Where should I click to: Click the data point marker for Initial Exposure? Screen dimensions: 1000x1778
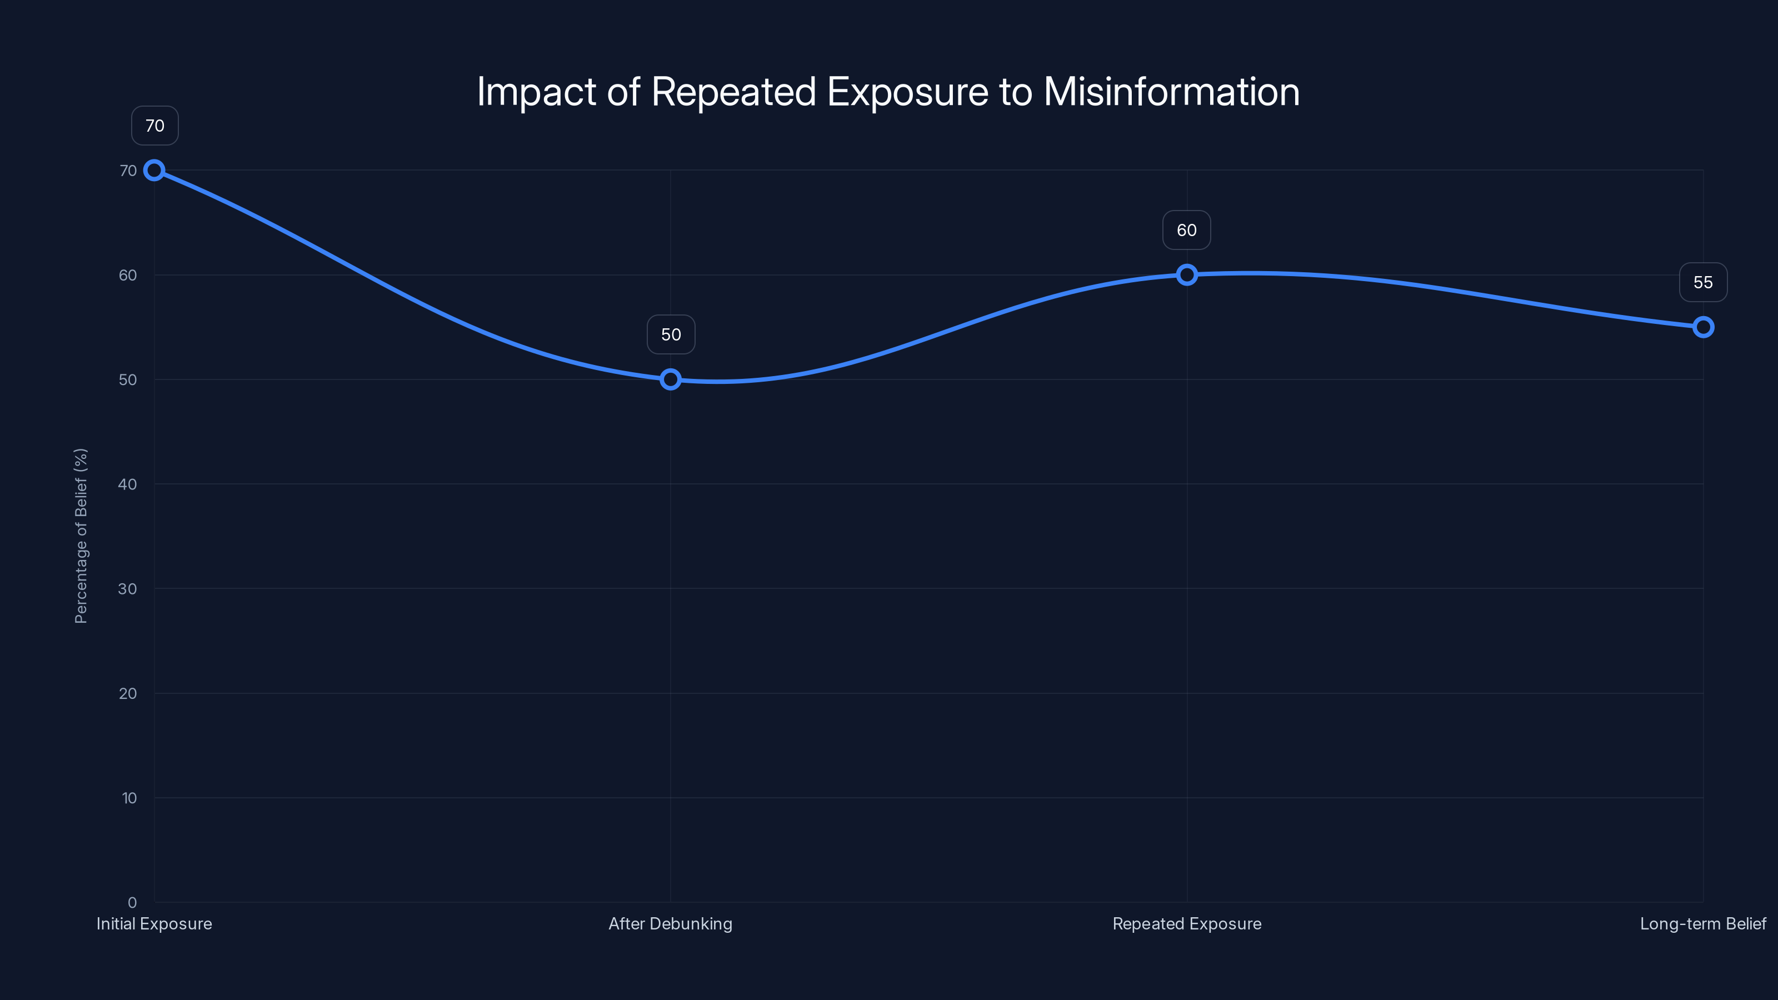click(x=154, y=171)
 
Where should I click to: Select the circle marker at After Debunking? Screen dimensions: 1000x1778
click(x=670, y=379)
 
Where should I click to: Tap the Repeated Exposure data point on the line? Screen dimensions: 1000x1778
click(x=1186, y=274)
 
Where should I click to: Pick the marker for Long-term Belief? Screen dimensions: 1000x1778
click(x=1703, y=327)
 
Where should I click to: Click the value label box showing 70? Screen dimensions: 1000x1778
click(x=154, y=126)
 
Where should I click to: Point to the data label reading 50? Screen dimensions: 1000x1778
click(x=671, y=334)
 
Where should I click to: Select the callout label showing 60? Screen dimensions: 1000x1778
click(x=1186, y=230)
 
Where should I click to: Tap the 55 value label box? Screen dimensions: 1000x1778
click(x=1703, y=282)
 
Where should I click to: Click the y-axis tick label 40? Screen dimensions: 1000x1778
click(x=128, y=484)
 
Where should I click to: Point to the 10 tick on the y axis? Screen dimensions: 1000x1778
click(x=129, y=798)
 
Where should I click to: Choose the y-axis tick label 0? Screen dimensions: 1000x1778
click(x=132, y=902)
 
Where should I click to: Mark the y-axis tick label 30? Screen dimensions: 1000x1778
click(x=128, y=589)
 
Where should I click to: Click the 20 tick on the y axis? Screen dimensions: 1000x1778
click(x=128, y=693)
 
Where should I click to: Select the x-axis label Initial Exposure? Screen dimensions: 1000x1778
click(x=154, y=923)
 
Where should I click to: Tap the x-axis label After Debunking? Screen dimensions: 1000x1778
click(x=670, y=923)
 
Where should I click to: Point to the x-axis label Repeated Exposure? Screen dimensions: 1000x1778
click(x=1186, y=923)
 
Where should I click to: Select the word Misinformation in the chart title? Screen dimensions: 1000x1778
click(x=1171, y=92)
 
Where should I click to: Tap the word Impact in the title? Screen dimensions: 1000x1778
click(x=536, y=92)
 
